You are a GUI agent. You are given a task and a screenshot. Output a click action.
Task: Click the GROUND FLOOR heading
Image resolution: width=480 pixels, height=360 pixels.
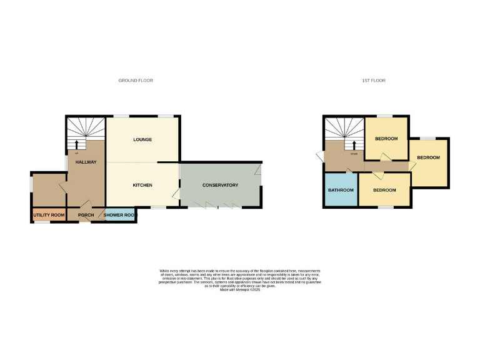136,81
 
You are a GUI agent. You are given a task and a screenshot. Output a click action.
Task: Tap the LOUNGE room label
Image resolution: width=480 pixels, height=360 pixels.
142,139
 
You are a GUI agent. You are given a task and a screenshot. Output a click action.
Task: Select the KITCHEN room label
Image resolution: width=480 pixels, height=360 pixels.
142,186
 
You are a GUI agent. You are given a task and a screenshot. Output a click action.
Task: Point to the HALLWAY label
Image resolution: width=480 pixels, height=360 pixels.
86,162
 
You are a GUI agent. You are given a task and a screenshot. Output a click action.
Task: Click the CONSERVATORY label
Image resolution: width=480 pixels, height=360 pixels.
220,186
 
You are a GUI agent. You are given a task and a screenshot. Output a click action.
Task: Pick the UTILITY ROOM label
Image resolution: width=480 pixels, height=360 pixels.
49,215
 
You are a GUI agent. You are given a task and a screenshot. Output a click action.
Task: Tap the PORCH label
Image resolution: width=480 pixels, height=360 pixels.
86,215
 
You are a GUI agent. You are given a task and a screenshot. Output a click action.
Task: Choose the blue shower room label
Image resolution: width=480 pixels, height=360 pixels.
119,215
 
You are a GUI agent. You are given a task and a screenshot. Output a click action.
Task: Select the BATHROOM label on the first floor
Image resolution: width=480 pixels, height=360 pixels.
341,190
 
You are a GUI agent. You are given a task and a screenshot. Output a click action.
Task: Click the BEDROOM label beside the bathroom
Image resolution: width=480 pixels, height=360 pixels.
384,190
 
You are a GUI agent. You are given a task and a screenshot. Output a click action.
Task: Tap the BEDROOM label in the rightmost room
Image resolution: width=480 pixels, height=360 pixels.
429,157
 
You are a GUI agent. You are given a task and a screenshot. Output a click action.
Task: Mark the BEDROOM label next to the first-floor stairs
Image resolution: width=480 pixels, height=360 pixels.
386,139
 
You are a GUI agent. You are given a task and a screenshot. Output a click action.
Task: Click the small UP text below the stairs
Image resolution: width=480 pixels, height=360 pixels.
76,153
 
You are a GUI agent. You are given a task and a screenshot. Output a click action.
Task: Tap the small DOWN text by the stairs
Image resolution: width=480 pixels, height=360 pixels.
354,153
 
